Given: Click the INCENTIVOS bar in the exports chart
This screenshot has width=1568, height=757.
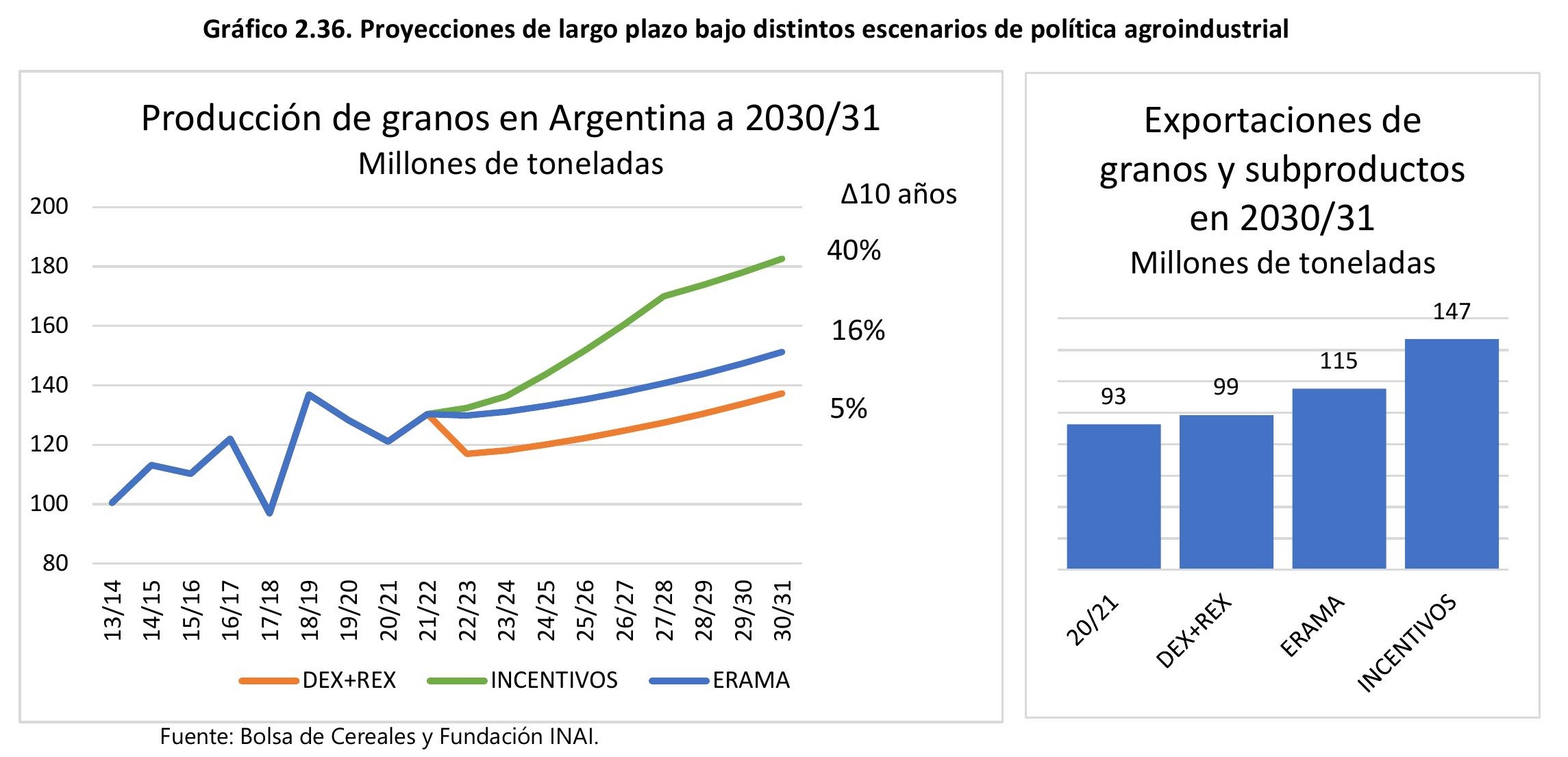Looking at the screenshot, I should [1451, 454].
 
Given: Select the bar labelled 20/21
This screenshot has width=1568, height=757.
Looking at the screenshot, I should [1113, 496].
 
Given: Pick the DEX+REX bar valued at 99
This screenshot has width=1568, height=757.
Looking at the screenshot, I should [1225, 491].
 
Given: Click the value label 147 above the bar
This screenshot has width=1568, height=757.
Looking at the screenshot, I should [1451, 312].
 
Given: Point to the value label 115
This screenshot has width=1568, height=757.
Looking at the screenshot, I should [1338, 361].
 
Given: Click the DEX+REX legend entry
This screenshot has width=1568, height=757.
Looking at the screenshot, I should [318, 680].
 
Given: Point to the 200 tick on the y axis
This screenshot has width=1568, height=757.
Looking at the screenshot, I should [49, 206].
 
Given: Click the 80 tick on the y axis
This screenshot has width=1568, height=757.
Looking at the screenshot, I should [55, 563].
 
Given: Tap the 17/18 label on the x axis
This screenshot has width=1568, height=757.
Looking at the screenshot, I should [271, 610].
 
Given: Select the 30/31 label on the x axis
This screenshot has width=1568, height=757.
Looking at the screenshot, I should [782, 610].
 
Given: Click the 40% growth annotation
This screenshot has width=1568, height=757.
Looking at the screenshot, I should [854, 250].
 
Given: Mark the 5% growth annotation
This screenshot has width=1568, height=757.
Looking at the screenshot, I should [848, 409].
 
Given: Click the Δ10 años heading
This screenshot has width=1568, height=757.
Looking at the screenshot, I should [898, 195].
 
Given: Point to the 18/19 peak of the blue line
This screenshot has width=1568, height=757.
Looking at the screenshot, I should [309, 395].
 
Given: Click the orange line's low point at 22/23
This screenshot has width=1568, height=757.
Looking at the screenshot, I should [467, 454].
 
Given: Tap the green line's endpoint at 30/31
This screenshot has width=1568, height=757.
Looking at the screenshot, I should [782, 259].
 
